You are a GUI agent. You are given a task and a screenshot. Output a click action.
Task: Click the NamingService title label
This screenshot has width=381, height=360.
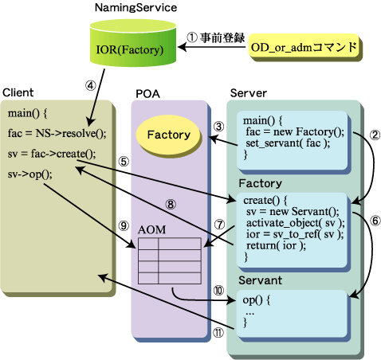pyautogui.click(x=136, y=8)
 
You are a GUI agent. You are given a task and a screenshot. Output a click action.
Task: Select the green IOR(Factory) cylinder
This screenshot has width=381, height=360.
pyautogui.click(x=133, y=43)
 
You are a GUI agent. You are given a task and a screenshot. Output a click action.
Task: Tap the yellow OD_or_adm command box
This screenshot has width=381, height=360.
pyautogui.click(x=304, y=47)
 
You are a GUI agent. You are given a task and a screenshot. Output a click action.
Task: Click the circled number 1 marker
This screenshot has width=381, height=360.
pyautogui.click(x=192, y=37)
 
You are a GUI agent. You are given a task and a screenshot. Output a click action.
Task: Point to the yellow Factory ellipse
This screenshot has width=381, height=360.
pyautogui.click(x=168, y=135)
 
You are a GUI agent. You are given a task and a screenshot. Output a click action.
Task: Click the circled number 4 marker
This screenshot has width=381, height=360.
pyautogui.click(x=91, y=85)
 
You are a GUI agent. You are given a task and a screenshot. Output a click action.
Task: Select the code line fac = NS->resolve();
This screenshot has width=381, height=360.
pyautogui.click(x=57, y=133)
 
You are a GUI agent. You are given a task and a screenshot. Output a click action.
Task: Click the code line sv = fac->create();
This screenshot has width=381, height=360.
pyautogui.click(x=52, y=154)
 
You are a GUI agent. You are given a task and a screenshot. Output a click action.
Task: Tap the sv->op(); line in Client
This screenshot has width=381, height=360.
pyautogui.click(x=30, y=174)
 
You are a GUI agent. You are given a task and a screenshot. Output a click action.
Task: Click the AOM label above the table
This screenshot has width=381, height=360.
pyautogui.click(x=152, y=229)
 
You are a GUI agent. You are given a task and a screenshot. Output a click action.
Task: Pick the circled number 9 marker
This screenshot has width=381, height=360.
pyautogui.click(x=124, y=226)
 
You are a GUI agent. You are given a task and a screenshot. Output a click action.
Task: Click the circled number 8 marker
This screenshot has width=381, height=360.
pyautogui.click(x=171, y=204)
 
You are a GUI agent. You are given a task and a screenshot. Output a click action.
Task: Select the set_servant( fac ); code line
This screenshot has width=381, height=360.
pyautogui.click(x=288, y=143)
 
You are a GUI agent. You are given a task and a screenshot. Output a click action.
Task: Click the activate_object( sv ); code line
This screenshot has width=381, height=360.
pyautogui.click(x=296, y=223)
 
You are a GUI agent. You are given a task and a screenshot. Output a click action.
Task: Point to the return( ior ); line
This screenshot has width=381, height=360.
pyautogui.click(x=276, y=245)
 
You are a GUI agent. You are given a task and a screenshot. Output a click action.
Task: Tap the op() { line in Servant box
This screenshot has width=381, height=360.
pyautogui.click(x=257, y=300)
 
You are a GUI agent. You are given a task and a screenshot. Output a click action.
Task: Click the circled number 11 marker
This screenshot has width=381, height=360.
pyautogui.click(x=218, y=333)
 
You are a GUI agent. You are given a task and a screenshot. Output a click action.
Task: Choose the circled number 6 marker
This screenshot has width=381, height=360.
pyautogui.click(x=375, y=221)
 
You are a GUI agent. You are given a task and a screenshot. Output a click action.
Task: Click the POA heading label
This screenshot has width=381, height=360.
pyautogui.click(x=147, y=94)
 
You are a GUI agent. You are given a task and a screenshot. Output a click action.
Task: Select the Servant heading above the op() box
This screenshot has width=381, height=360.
pyautogui.click(x=260, y=280)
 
